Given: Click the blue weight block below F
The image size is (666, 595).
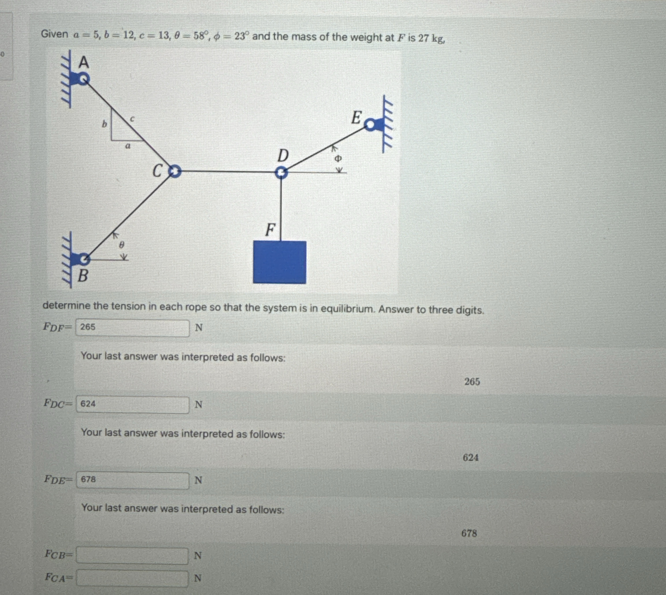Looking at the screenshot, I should tap(279, 262).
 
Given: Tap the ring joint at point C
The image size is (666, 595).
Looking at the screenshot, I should tap(175, 171).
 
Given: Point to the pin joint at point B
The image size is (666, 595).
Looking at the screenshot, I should tap(84, 259).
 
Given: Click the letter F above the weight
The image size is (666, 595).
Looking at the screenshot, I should tap(270, 230).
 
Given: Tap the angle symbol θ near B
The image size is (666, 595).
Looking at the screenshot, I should tap(121, 245).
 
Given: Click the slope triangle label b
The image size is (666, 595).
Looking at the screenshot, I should tap(104, 124).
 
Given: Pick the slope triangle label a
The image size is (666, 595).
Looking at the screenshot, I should tap(128, 146).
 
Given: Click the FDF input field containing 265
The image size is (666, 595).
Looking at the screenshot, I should tap(132, 328).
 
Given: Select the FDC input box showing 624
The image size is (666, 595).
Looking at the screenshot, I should tap(132, 405).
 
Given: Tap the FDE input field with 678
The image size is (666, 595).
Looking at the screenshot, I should tap(132, 480).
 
